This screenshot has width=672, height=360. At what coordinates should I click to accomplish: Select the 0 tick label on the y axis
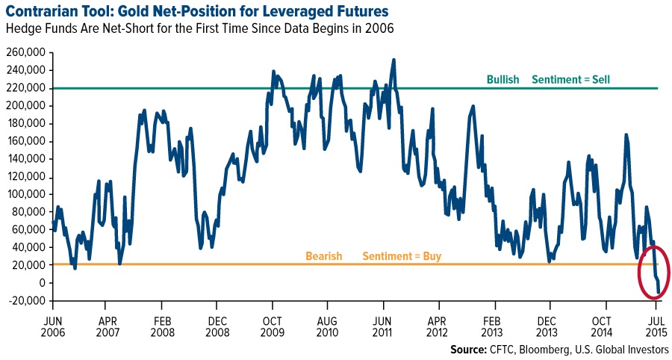pos(43,283)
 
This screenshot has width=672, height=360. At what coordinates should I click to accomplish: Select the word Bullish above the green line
pos(503,79)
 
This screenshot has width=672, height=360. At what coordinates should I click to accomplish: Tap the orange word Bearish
pos(323,256)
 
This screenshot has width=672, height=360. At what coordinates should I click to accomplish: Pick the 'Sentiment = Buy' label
pos(402,256)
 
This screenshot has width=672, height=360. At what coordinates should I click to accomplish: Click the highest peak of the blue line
pos(393,60)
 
